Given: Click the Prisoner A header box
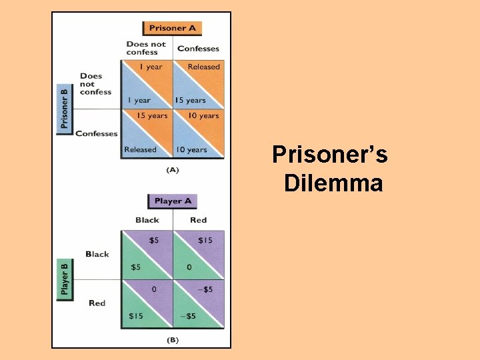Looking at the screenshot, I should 172,28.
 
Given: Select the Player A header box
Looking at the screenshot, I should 173,201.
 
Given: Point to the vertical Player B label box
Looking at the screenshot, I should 65,278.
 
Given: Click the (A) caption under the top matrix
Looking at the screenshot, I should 172,170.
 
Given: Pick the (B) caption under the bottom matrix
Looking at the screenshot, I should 172,339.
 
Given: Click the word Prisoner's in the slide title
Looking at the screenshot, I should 330,155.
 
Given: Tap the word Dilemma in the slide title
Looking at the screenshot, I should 333,183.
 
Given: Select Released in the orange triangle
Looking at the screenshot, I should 203,67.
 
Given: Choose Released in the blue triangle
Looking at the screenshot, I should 140,149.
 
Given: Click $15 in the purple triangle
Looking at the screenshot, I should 205,240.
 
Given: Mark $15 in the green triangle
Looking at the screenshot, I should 135,315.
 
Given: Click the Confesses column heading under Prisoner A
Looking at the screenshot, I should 198,49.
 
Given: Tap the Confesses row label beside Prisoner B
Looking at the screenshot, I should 97,133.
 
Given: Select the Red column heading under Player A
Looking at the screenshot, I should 198,220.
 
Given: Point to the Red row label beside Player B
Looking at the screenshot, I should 97,303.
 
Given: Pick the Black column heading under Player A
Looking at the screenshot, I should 147,220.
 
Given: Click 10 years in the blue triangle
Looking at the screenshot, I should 191,149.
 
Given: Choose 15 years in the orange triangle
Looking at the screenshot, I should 152,116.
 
